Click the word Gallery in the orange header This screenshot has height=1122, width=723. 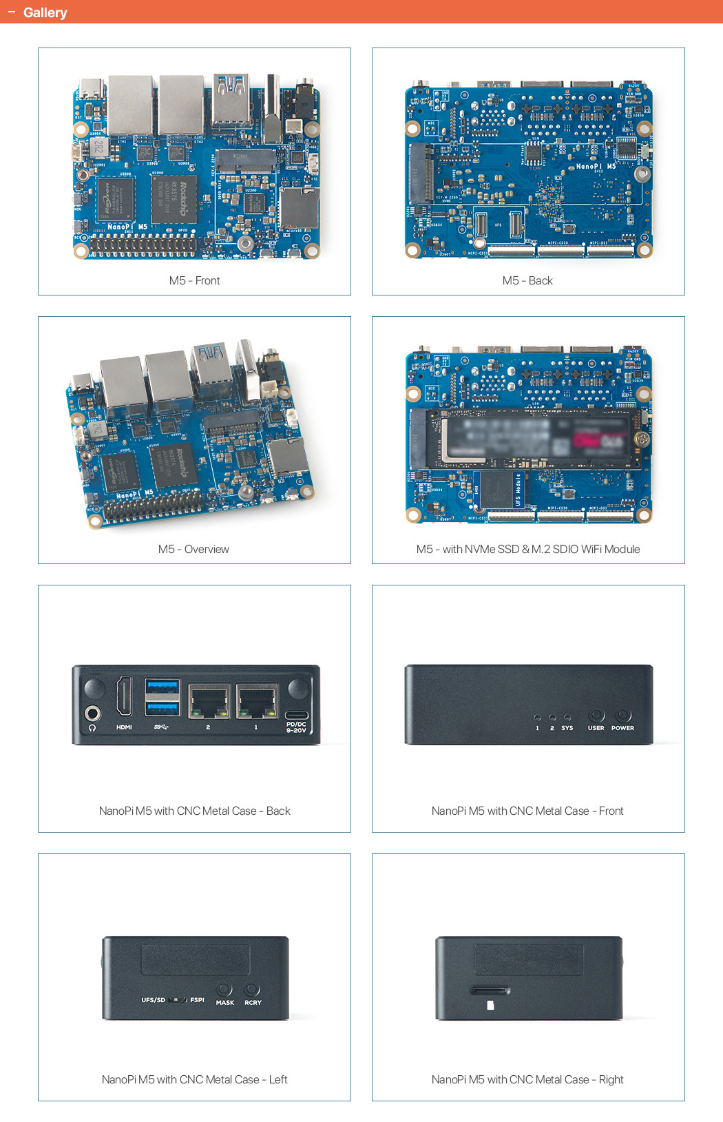click(45, 12)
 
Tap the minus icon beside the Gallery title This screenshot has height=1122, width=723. click(12, 12)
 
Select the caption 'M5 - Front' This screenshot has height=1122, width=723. click(194, 280)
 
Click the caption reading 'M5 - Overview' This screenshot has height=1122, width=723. click(193, 549)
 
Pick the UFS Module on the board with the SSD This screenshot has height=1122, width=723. click(501, 490)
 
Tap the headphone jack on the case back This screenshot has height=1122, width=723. click(92, 713)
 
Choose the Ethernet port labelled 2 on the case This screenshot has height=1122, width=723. click(209, 701)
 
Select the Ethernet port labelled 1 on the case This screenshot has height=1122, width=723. click(256, 701)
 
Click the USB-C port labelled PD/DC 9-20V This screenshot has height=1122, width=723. click(297, 714)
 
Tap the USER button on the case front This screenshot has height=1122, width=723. click(596, 715)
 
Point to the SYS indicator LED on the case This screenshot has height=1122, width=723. click(567, 717)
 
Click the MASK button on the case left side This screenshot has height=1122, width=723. click(224, 990)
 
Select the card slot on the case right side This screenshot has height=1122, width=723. click(490, 991)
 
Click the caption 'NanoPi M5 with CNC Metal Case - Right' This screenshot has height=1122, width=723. click(527, 1079)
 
